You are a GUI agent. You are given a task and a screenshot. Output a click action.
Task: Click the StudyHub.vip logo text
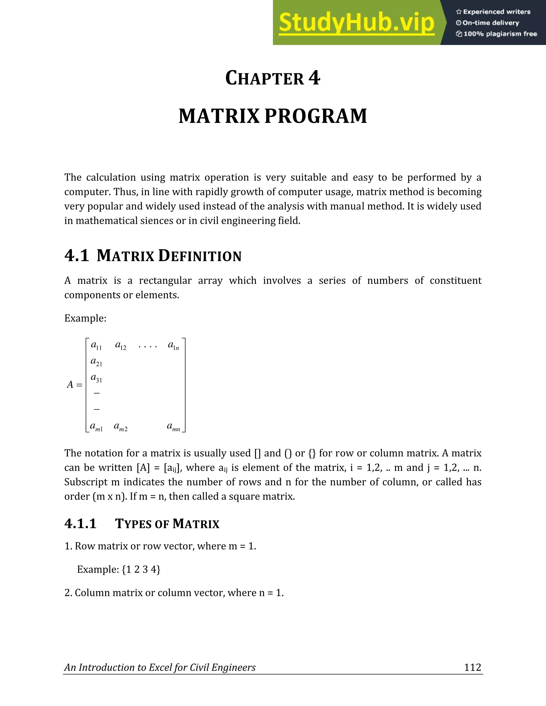tap(356, 23)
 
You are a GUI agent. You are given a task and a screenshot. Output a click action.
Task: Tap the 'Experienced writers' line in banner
tap(493, 12)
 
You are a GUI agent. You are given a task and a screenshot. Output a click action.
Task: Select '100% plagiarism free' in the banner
tap(496, 34)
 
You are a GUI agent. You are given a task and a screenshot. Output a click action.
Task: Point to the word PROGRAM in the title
tap(316, 116)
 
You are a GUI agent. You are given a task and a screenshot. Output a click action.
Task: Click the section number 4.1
tap(77, 256)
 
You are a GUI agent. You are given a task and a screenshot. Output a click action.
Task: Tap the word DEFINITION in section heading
tap(200, 256)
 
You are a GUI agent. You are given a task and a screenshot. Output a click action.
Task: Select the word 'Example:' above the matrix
tap(85, 318)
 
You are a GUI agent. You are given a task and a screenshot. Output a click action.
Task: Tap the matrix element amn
tap(173, 427)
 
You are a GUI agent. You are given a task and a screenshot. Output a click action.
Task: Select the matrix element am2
tap(121, 427)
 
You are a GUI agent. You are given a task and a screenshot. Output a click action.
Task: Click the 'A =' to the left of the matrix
tap(75, 385)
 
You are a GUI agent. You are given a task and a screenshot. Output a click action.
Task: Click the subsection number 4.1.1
tap(81, 524)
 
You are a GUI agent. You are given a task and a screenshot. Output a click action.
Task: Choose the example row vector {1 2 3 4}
tap(141, 569)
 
